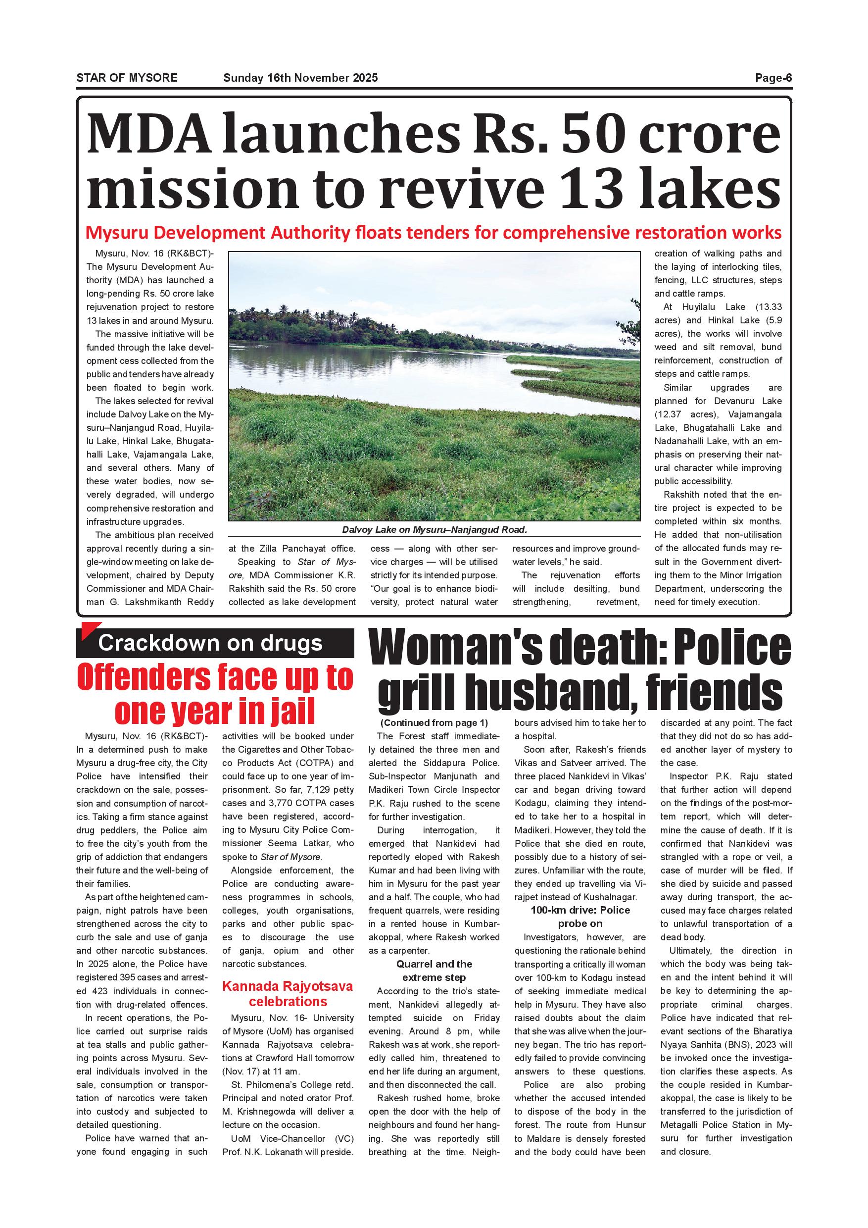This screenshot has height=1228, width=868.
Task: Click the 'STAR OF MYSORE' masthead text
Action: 127,78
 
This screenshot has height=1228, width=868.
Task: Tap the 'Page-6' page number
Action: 773,78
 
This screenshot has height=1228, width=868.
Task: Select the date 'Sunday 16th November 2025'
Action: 300,78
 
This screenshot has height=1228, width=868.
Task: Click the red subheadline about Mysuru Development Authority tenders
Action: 434,233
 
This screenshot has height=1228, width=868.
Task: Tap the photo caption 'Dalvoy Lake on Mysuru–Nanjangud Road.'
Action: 434,530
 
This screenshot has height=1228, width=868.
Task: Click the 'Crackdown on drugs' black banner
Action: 215,643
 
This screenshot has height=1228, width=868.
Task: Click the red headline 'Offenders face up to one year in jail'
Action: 215,694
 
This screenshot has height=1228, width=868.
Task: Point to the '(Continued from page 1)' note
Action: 434,723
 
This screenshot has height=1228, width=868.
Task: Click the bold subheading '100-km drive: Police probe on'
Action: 580,917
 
